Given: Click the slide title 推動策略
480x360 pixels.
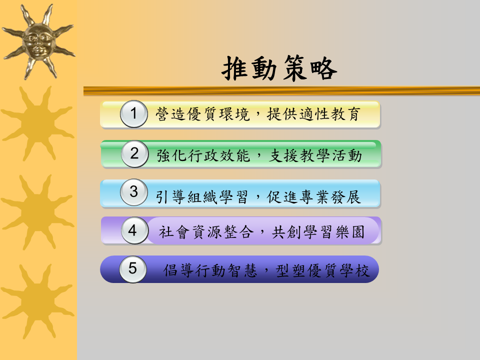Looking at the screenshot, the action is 279,68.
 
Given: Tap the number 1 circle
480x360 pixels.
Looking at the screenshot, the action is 134,113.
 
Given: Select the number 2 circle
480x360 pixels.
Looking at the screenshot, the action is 134,153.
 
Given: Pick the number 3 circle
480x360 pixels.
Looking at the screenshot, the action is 134,192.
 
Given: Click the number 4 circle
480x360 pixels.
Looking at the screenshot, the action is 134,230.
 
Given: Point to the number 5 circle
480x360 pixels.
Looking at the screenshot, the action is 133,269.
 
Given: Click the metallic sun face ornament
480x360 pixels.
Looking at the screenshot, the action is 38,42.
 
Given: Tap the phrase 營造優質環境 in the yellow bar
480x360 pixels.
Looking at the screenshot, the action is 202,114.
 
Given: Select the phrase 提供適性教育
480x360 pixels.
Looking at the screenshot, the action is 313,114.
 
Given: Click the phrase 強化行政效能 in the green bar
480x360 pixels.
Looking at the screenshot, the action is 203,155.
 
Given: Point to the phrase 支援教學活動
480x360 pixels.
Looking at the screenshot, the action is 315,155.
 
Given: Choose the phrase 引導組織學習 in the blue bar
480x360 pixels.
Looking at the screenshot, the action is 201,197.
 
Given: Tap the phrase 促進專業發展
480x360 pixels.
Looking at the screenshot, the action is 313,197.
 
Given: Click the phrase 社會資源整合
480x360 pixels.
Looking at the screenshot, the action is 206,231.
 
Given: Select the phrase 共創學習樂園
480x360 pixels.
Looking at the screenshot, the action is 318,231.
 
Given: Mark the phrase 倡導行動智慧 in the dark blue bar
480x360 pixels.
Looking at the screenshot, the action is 210,270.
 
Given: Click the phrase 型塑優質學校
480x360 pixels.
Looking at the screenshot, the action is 322,270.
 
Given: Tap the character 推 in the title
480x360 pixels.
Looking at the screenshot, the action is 235,68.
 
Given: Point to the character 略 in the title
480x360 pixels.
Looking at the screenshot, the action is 323,68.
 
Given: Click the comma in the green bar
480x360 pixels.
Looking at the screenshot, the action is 259,156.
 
